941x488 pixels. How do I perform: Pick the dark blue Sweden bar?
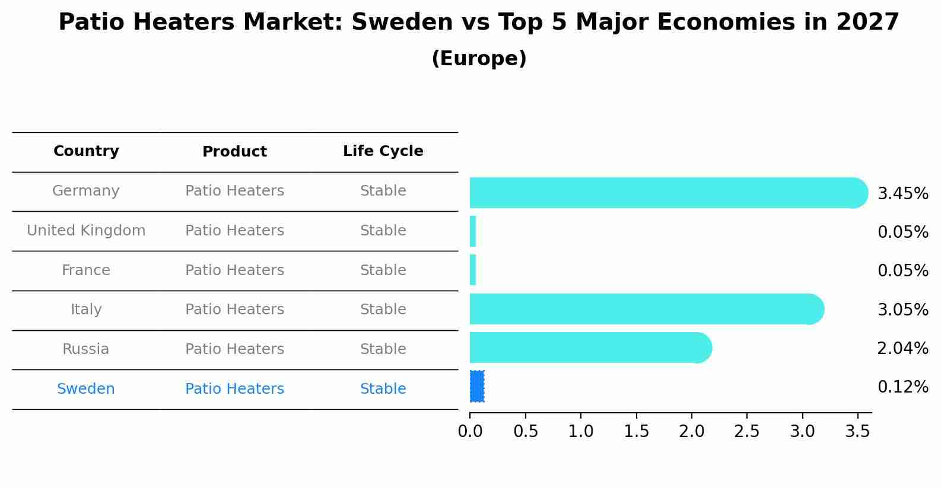477,386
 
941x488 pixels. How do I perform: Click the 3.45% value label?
902,194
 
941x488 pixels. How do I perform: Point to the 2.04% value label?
902,349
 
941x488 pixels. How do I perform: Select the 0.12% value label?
902,387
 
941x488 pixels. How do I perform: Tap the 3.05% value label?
902,310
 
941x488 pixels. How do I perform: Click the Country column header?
86,151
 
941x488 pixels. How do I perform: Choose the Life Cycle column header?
383,151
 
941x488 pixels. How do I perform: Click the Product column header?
234,152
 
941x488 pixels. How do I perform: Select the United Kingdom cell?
86,231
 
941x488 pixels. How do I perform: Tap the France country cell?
86,270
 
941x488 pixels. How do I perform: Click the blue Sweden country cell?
86,389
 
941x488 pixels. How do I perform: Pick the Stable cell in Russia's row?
383,349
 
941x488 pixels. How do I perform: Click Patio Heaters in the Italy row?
234,310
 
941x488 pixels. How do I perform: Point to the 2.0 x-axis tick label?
691,432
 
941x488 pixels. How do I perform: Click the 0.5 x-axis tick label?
525,432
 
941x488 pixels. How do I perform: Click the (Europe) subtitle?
479,59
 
